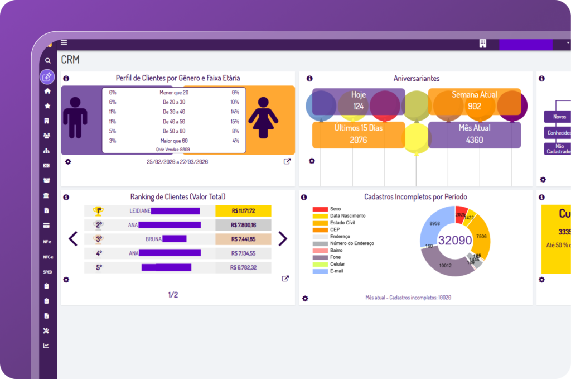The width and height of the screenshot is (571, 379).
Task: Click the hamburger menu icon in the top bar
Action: [64, 42]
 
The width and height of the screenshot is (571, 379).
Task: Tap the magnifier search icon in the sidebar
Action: [48, 60]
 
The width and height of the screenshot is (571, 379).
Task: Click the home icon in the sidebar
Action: [47, 91]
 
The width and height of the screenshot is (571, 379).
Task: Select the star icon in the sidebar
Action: [47, 105]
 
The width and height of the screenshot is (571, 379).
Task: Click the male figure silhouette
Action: [75, 117]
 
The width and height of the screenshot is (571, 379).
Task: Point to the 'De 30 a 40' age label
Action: [174, 112]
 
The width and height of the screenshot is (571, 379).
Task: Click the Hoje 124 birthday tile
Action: [358, 101]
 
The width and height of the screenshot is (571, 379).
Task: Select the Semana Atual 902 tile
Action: [475, 101]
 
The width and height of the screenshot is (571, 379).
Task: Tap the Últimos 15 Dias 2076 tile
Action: [358, 135]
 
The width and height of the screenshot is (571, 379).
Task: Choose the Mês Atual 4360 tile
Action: [475, 135]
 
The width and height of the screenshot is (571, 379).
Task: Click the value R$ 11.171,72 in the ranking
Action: [243, 211]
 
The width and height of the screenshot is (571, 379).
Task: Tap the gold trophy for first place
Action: [98, 211]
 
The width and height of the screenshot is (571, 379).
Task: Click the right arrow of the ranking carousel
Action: [283, 238]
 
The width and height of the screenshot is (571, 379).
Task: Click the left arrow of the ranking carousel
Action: [73, 238]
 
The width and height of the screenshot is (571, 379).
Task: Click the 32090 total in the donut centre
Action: [455, 241]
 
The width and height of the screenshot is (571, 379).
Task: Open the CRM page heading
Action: [70, 60]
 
